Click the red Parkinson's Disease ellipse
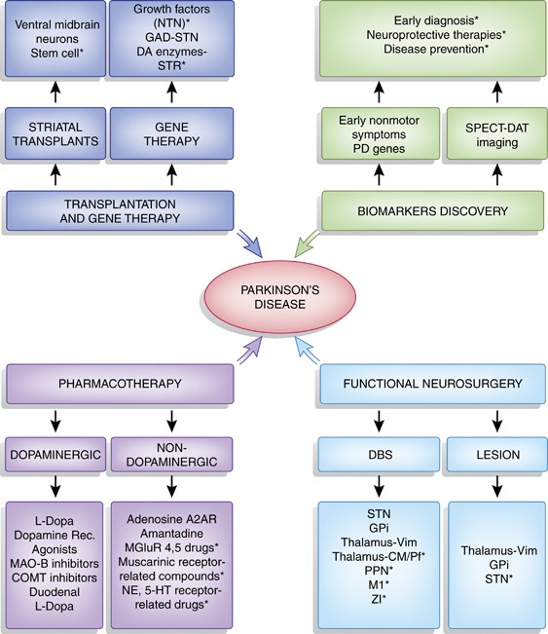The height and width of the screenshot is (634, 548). [x=279, y=297]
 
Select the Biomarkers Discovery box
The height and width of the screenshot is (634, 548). [x=432, y=210]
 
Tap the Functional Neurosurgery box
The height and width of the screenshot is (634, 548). [x=432, y=384]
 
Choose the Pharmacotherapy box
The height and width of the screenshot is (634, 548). [x=120, y=384]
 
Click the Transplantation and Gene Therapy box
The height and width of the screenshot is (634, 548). [x=120, y=210]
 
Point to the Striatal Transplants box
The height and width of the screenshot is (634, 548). [x=55, y=133]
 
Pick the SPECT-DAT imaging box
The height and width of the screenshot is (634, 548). [x=496, y=134]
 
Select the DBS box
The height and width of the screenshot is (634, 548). [x=379, y=455]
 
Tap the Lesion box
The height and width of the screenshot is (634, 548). [x=497, y=455]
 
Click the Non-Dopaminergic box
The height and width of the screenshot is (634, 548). [x=171, y=455]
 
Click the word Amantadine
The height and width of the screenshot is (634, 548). [x=171, y=534]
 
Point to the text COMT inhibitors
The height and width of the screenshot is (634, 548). [x=55, y=578]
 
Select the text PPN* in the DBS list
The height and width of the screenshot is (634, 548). [x=379, y=571]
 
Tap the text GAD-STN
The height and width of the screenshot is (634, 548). [x=171, y=38]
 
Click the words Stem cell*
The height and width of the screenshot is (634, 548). [x=56, y=53]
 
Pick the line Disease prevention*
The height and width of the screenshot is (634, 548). [x=436, y=49]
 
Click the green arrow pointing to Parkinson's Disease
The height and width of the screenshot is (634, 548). [x=307, y=244]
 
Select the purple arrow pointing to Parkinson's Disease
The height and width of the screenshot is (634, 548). [x=250, y=351]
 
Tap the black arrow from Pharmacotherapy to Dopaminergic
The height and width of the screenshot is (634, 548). [x=55, y=421]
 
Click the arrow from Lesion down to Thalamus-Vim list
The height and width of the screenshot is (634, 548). [x=497, y=486]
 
